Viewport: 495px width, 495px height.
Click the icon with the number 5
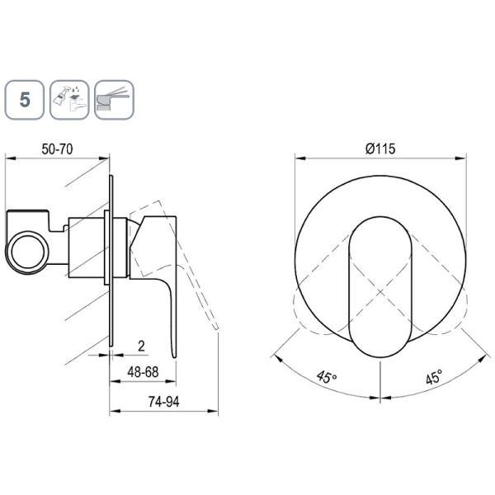click(24, 100)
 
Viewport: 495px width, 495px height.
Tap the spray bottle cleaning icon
click(69, 100)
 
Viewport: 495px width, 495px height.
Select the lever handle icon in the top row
click(115, 100)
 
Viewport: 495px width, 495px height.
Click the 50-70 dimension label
click(57, 149)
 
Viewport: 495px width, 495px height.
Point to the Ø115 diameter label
click(380, 148)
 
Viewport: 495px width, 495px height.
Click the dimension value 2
click(141, 346)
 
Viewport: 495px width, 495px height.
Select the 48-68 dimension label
click(143, 372)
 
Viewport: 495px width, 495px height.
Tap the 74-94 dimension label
click(164, 402)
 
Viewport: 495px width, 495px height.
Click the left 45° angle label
click(327, 377)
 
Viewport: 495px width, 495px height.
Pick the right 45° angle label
click(434, 377)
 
